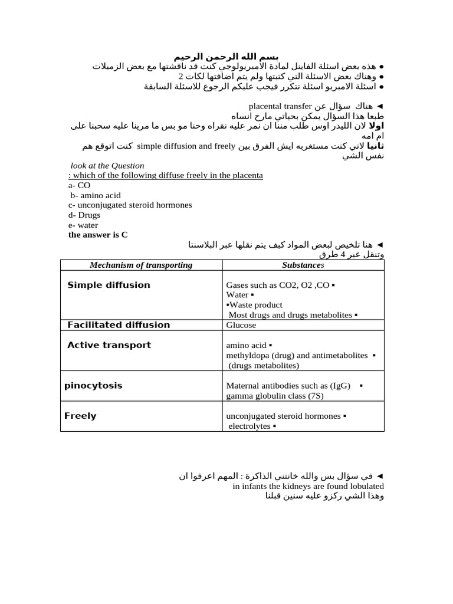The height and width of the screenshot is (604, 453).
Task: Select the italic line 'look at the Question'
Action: tap(107, 166)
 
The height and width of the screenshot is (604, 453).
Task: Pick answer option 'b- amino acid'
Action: tap(96, 195)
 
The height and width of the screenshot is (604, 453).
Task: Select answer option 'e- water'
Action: tap(83, 225)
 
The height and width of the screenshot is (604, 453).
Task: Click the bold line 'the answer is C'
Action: tap(98, 235)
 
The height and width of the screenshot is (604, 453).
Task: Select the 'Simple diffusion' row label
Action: tap(109, 285)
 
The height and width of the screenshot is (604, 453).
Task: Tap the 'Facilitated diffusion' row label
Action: tap(119, 325)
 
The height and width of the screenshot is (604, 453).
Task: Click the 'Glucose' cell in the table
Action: tap(241, 325)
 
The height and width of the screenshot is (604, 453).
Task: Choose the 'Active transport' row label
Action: tap(109, 345)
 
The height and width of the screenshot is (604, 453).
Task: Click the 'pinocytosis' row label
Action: tap(93, 386)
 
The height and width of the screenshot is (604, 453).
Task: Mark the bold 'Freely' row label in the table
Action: tap(80, 416)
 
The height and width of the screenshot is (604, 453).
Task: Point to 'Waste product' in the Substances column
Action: tap(255, 305)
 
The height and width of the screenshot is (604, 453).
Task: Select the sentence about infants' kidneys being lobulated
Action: tap(308, 486)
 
